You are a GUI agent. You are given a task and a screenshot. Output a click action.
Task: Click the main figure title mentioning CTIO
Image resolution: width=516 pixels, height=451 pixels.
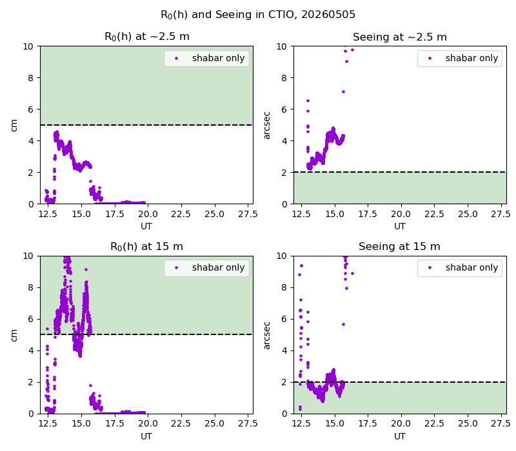pyautogui.click(x=257, y=15)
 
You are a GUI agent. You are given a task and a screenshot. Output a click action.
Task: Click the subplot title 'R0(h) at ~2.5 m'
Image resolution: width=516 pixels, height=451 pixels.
pyautogui.click(x=147, y=37)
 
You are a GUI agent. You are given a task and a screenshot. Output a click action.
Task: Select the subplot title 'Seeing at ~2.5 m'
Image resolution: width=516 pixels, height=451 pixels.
pyautogui.click(x=399, y=37)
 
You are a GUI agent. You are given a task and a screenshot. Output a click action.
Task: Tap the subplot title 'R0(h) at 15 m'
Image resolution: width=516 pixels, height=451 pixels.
pyautogui.click(x=146, y=247)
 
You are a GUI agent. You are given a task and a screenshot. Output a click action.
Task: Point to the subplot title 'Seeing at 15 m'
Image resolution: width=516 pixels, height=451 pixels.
pyautogui.click(x=399, y=247)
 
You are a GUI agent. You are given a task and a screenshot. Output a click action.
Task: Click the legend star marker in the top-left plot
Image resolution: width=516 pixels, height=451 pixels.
pyautogui.click(x=176, y=58)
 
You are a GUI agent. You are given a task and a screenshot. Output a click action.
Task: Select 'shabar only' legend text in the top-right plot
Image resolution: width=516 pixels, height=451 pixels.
pyautogui.click(x=471, y=58)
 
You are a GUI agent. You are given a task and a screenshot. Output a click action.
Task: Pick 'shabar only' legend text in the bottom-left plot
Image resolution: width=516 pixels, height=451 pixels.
pyautogui.click(x=218, y=267)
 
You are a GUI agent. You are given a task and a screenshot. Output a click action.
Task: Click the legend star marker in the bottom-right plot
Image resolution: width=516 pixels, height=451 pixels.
pyautogui.click(x=430, y=267)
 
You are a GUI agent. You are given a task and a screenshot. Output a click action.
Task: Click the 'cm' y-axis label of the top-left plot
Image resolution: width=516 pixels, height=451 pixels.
pyautogui.click(x=14, y=125)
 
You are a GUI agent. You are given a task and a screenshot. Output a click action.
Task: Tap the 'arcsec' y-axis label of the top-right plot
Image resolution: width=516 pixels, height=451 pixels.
pyautogui.click(x=266, y=126)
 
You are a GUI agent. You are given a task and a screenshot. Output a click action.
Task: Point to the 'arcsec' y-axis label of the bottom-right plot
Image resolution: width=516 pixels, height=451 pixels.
pyautogui.click(x=266, y=335)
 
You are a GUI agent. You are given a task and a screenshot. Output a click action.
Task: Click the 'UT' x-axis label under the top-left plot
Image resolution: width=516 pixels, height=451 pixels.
pyautogui.click(x=146, y=226)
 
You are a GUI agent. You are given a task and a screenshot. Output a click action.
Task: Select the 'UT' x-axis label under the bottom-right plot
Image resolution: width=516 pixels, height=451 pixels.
pyautogui.click(x=399, y=436)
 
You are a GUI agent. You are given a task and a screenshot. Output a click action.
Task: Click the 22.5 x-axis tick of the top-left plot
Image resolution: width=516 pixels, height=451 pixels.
pyautogui.click(x=181, y=214)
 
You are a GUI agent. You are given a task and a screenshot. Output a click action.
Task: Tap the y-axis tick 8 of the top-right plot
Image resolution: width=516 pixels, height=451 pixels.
pyautogui.click(x=284, y=78)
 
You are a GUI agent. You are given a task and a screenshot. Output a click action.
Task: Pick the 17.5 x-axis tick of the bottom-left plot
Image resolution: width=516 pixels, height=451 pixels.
pyautogui.click(x=115, y=424)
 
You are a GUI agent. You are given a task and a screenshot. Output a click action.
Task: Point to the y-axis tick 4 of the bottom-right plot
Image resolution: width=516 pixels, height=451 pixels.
pyautogui.click(x=284, y=350)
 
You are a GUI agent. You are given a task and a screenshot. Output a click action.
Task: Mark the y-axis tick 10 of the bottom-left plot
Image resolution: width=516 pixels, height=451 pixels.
pyautogui.click(x=28, y=256)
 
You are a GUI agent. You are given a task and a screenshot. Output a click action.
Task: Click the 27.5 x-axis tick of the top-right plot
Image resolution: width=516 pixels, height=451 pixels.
pyautogui.click(x=501, y=214)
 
